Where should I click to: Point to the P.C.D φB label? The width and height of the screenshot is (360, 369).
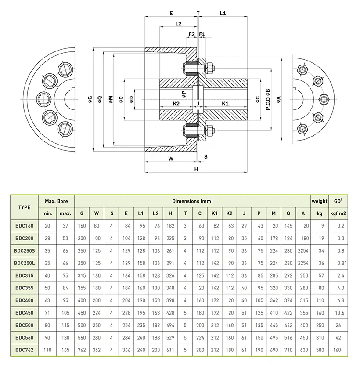[268, 99]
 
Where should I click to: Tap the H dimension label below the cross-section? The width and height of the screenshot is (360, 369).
[196, 169]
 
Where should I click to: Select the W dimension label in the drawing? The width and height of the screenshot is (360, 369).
[171, 159]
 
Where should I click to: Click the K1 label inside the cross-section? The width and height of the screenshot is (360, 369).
[225, 104]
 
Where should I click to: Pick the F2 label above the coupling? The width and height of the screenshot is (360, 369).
[191, 34]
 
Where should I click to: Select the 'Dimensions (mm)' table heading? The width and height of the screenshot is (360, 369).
[192, 201]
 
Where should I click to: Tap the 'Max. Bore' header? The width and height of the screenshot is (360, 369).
[57, 201]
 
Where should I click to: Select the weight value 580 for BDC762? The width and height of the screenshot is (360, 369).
[320, 351]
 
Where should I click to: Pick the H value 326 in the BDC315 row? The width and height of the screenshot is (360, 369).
[170, 276]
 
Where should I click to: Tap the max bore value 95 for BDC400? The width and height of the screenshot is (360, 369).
[65, 301]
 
